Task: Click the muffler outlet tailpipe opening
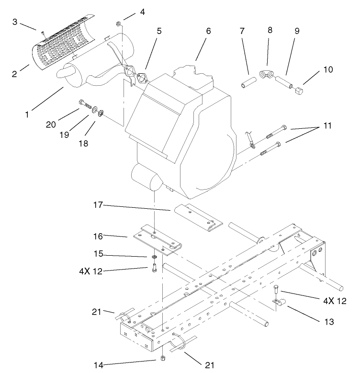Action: [x=62, y=73]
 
